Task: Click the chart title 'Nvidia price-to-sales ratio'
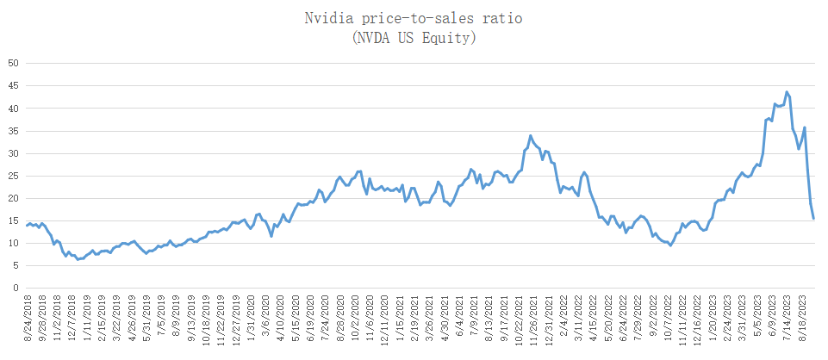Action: click(414, 17)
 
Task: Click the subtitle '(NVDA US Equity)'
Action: click(414, 37)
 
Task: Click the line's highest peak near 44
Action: click(787, 91)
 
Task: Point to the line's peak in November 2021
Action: click(531, 135)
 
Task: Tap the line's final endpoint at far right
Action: click(814, 218)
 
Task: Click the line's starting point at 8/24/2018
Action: click(27, 225)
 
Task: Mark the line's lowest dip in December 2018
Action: click(78, 259)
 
